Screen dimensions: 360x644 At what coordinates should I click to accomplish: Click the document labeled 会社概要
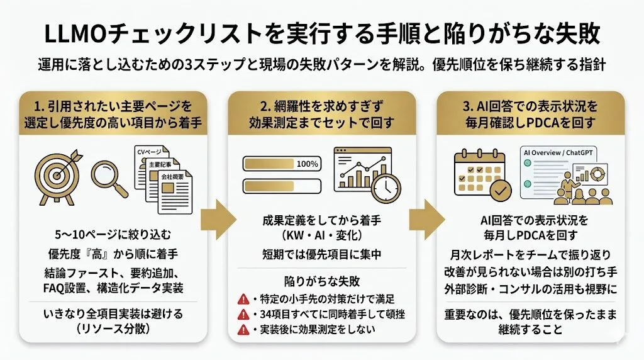(x=174, y=189)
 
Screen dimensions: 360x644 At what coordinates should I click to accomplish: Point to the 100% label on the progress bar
(x=307, y=164)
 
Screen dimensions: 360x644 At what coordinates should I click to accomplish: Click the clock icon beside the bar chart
(x=385, y=184)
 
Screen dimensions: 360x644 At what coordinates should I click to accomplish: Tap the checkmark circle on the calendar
(x=500, y=189)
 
